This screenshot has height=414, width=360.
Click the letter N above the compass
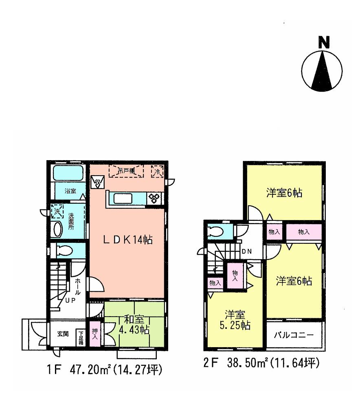coord(324,42)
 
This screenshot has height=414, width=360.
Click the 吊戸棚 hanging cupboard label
coord(126,171)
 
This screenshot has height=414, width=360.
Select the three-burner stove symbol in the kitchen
coord(154,198)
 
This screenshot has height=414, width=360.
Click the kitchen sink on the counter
coord(123,198)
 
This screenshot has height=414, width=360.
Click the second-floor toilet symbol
coord(215,231)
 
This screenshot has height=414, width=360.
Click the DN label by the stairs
coord(247,251)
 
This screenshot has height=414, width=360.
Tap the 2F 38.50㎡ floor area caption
coord(261,363)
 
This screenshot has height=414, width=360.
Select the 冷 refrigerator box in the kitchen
coord(157,172)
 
